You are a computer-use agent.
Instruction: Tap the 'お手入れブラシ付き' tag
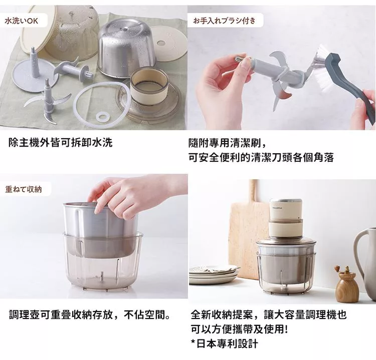pos(225,21)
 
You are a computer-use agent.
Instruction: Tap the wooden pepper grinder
pos(346,282)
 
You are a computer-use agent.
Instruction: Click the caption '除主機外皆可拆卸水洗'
pos(61,143)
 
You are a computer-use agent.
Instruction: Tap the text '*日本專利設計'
pos(225,343)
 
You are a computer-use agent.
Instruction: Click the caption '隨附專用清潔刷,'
pos(227,143)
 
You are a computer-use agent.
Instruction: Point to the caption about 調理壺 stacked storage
pos(90,314)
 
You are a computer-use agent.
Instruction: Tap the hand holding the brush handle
pos(363,108)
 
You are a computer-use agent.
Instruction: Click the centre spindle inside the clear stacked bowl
pos(102,277)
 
